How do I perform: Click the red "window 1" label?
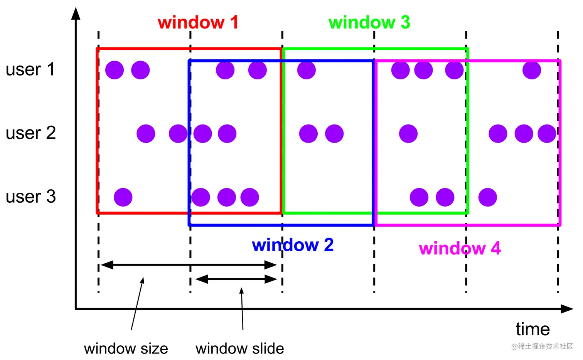coord(198,22)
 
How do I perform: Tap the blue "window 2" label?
coord(293,245)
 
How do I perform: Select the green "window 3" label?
coord(369,22)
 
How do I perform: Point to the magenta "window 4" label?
coord(460,248)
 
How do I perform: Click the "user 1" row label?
coord(30,70)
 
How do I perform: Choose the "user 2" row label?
coord(30,133)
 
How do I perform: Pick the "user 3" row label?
coord(30,197)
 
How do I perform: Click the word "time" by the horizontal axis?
coord(532,330)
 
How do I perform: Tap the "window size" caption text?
coord(126,349)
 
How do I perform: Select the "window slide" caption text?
coord(239,349)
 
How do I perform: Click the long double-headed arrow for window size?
coord(189,265)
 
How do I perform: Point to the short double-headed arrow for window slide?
coord(236,279)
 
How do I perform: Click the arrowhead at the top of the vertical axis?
coord(76,13)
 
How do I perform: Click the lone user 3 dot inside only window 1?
coord(123,197)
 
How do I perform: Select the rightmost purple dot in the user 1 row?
coord(532,70)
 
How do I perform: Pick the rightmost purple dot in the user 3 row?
coord(487,197)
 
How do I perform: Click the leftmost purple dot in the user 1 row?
coord(115,70)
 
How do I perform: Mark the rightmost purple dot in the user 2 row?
coord(547,134)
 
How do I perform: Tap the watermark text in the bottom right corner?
coord(542,347)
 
